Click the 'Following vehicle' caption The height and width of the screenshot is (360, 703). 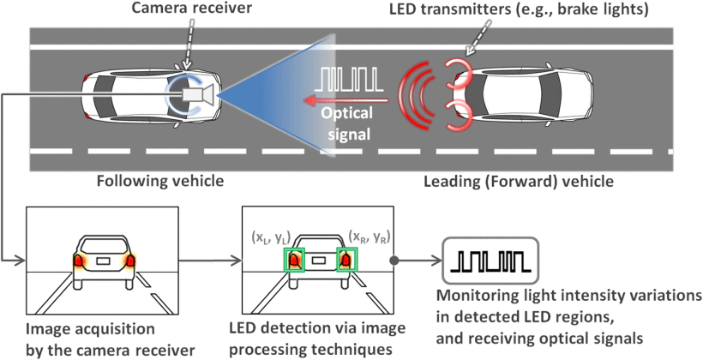[x=160, y=182]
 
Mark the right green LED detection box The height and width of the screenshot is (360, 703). [x=346, y=259]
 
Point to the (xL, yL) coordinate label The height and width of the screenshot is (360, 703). [x=272, y=236]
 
